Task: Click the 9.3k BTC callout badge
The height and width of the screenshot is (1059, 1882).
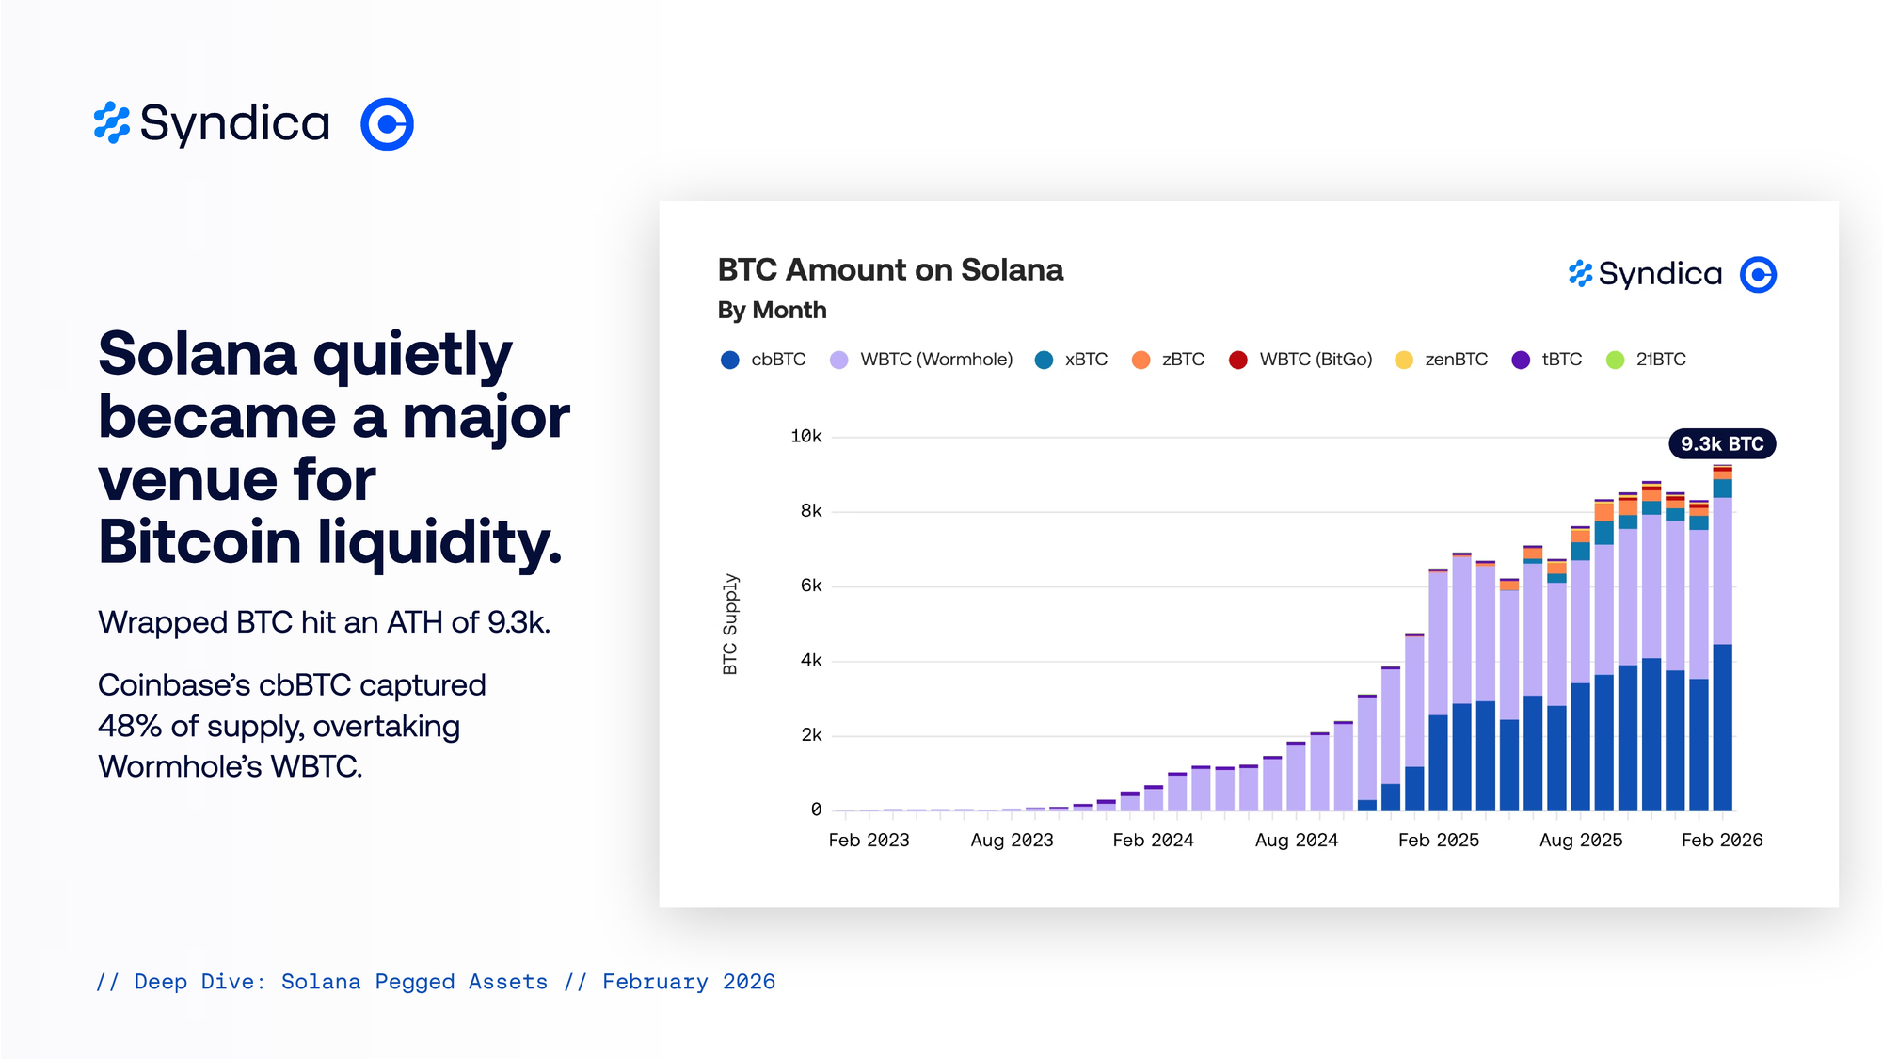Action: [x=1722, y=444]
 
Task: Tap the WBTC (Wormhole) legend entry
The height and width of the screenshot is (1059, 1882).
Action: [x=921, y=360]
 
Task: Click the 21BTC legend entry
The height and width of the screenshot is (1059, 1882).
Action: [x=1646, y=360]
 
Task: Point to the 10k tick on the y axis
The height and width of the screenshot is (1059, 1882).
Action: [x=806, y=437]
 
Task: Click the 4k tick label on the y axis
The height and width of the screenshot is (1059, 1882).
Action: [x=811, y=661]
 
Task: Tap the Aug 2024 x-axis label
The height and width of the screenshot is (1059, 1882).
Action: [x=1296, y=841]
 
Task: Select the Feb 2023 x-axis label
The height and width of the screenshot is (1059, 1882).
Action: [x=869, y=841]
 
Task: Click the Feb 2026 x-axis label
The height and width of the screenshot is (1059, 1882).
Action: [x=1722, y=841]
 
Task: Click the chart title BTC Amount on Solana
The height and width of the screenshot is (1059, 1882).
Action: [x=890, y=270]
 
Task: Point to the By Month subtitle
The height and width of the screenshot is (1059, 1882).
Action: [x=772, y=311]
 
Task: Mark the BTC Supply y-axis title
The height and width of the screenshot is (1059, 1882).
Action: [x=730, y=624]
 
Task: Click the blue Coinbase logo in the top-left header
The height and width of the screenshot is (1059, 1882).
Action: [x=387, y=124]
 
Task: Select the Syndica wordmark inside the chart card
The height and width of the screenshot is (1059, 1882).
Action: [x=1659, y=275]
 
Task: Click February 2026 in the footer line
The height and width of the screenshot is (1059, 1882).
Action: [x=689, y=982]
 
